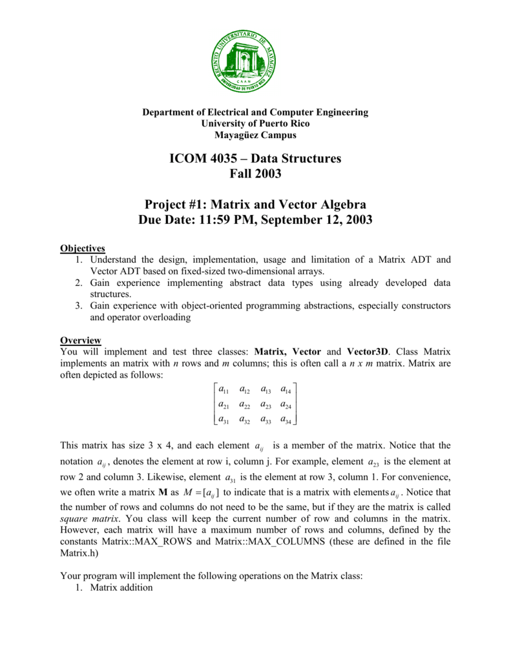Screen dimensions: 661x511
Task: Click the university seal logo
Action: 245,61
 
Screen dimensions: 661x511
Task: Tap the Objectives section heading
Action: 83,248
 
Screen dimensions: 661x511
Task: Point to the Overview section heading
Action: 80,340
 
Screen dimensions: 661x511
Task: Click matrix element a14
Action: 287,389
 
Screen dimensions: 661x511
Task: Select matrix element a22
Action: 245,405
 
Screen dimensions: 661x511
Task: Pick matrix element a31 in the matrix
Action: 225,420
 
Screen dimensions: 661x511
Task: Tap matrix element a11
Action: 225,389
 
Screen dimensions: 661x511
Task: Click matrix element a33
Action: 267,420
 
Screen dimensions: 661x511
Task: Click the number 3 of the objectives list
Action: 78,305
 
